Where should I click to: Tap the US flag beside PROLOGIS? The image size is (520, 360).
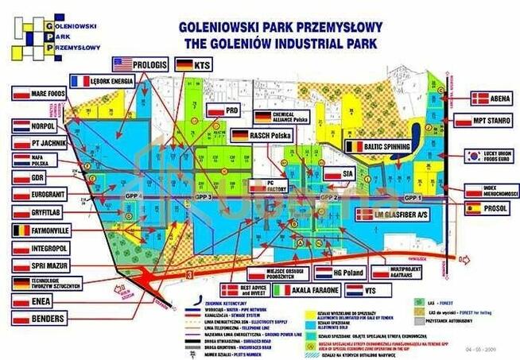(122, 63)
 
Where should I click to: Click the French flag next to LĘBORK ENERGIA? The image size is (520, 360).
(80, 80)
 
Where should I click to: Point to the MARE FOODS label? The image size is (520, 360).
(47, 94)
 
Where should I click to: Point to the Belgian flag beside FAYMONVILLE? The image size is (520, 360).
(21, 230)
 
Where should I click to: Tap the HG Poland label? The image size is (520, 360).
(347, 272)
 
